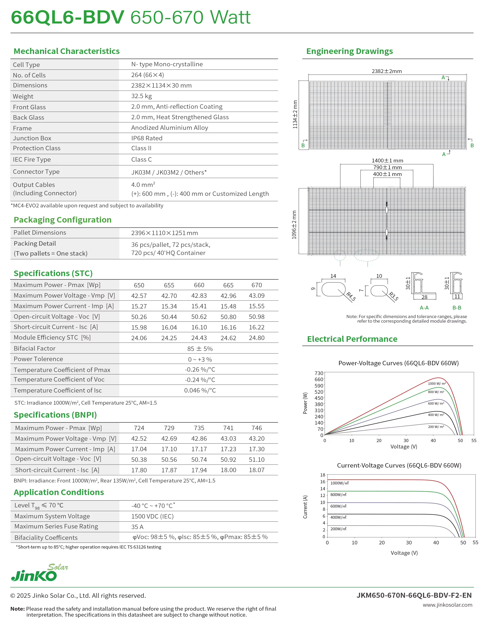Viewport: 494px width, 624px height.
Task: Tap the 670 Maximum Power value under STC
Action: [x=257, y=285]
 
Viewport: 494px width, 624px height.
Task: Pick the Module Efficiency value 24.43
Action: [x=199, y=338]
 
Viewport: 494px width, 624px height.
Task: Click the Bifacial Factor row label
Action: [x=35, y=348]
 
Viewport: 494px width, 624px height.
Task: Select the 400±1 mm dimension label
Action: [x=387, y=174]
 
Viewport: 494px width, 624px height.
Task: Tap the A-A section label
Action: [x=424, y=308]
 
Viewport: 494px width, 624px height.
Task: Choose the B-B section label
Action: [x=457, y=308]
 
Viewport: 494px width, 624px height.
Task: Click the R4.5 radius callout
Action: [x=351, y=297]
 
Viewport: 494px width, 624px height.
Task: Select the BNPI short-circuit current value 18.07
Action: [x=257, y=470]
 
